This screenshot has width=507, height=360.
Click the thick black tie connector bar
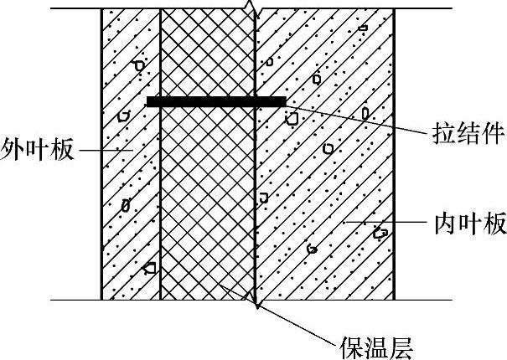pos(215,101)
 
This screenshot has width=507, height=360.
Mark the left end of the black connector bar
pos(148,101)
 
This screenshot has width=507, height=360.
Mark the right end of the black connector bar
pos(283,101)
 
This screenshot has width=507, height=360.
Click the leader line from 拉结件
pos(360,118)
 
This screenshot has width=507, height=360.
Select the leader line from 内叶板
pos(385,222)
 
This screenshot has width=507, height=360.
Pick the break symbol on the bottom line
pos(254,301)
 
